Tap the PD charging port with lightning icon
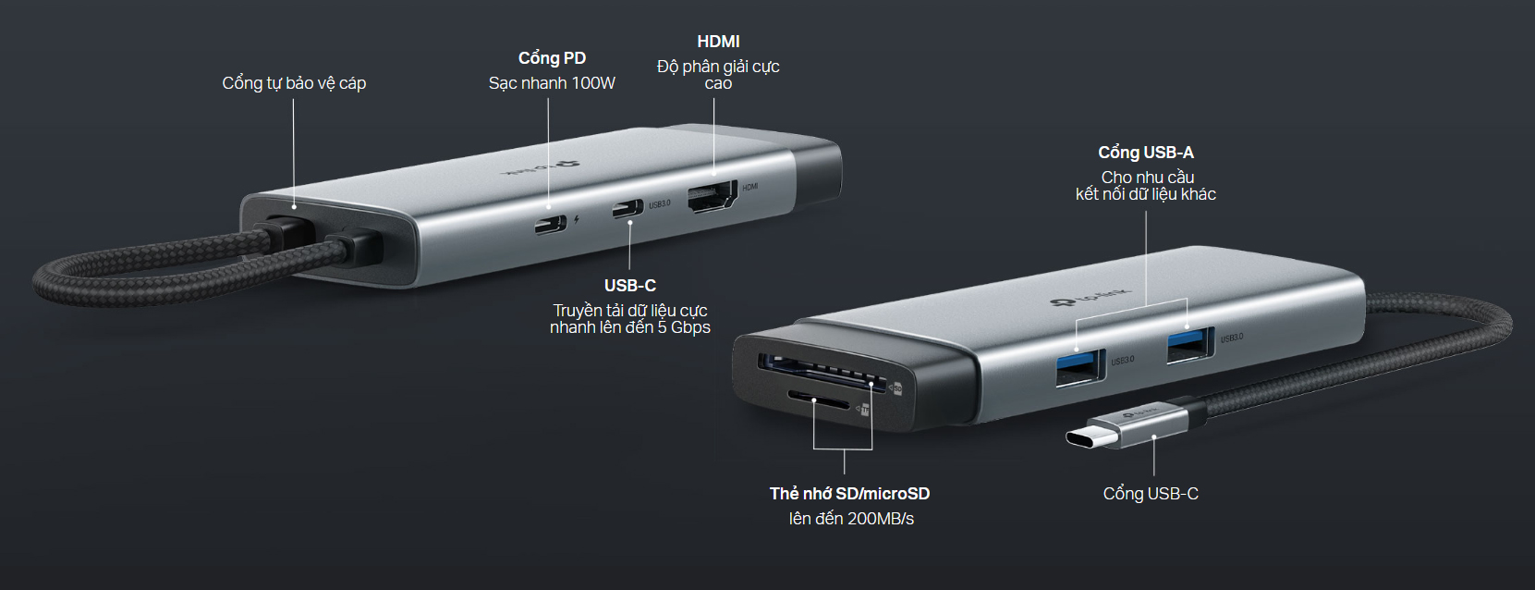[x=551, y=224]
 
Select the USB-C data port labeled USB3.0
[x=627, y=209]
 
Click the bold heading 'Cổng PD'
[x=552, y=58]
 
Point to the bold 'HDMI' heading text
[x=718, y=42]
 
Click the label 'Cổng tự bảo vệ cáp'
[x=294, y=84]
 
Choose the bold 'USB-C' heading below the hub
[x=629, y=286]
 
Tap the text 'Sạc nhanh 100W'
[x=552, y=84]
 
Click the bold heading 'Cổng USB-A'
[x=1146, y=153]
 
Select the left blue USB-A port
[x=1080, y=368]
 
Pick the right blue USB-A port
[x=1191, y=346]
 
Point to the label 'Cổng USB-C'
[x=1151, y=494]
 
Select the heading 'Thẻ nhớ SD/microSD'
[x=849, y=494]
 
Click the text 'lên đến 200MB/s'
[x=851, y=520]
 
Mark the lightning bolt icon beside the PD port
[x=577, y=219]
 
